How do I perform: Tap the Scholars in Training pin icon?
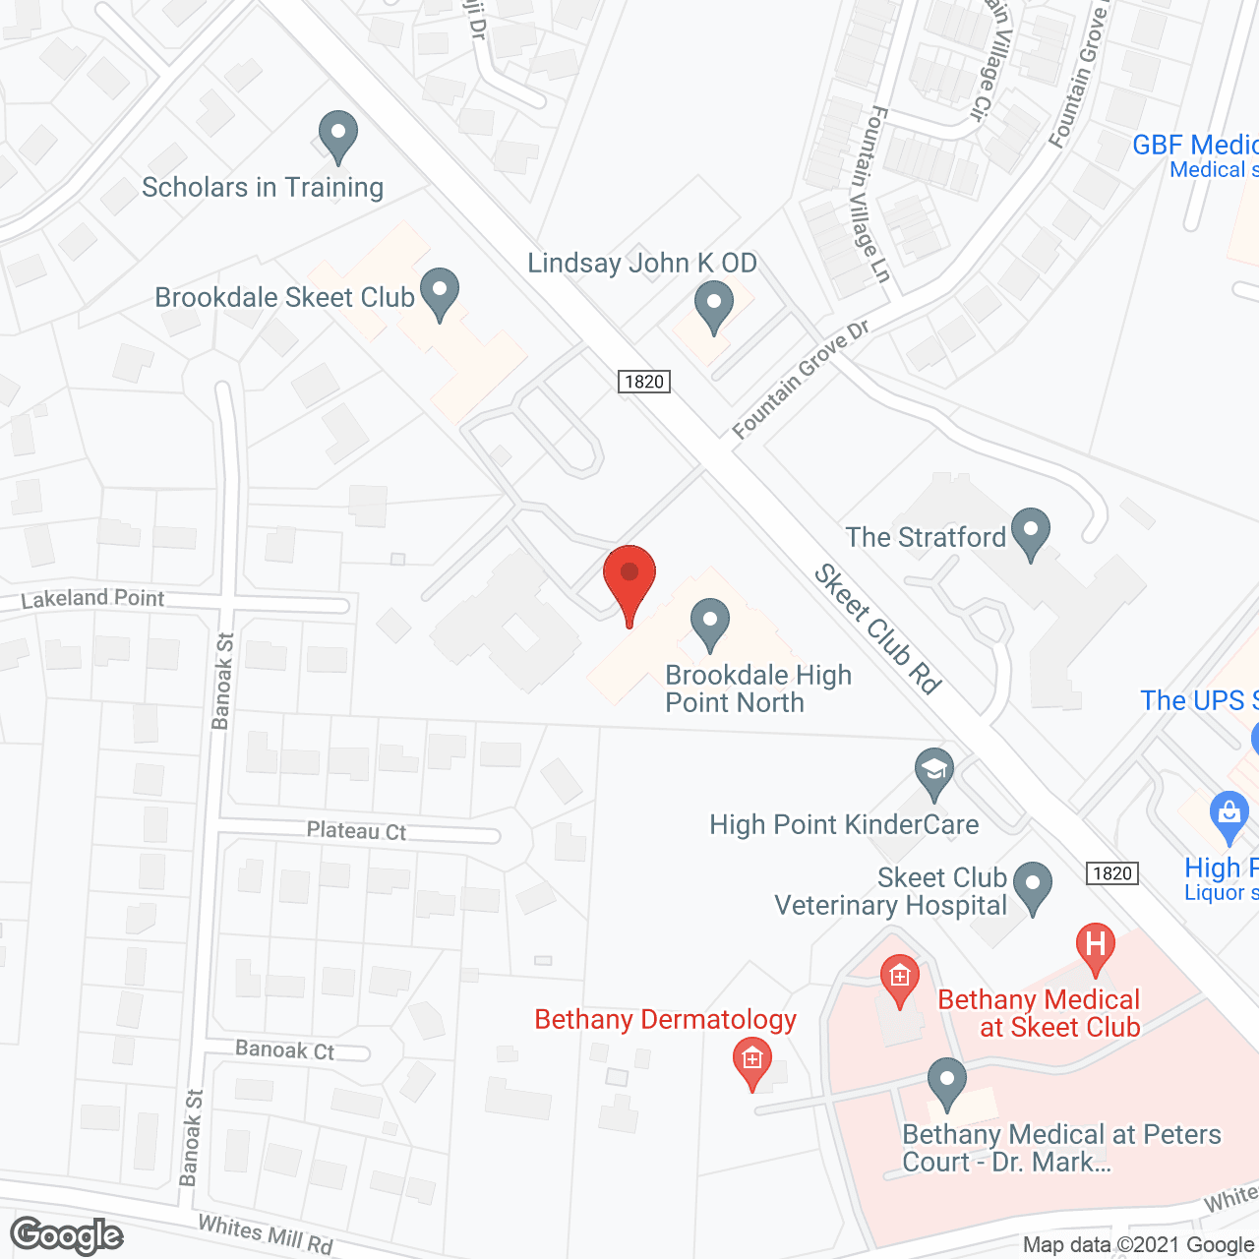[338, 135]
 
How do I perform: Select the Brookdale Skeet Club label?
[285, 297]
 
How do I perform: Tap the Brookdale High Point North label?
[757, 689]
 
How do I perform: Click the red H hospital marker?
[1096, 946]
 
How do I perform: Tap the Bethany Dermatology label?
[665, 1020]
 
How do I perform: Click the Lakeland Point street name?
[92, 598]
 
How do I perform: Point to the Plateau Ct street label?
[356, 831]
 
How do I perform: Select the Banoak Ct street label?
[284, 1050]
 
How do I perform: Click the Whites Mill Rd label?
[266, 1234]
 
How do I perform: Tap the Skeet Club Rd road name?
[877, 629]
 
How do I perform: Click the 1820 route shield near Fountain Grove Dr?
[644, 382]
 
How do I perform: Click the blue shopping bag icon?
[1228, 816]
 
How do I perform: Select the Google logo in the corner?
[67, 1235]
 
